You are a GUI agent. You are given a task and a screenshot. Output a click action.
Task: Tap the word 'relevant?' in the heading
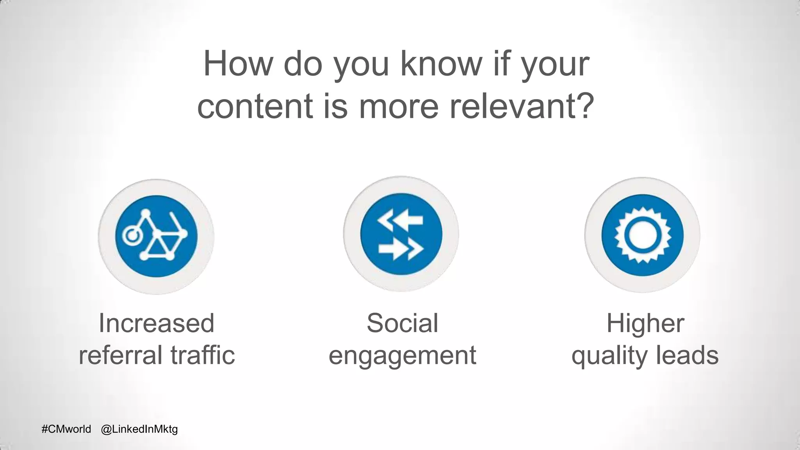point(522,106)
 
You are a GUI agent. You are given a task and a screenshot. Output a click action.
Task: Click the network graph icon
point(156,236)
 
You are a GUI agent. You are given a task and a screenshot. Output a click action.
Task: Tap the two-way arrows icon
point(401,234)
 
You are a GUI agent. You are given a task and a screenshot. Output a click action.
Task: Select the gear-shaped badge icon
point(642,235)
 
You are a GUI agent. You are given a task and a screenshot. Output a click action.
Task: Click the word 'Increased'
point(156,323)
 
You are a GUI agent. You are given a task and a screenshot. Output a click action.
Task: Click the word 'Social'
point(402,323)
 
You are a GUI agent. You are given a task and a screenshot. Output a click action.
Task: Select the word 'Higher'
point(645,323)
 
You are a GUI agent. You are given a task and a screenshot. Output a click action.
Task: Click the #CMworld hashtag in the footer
point(66,429)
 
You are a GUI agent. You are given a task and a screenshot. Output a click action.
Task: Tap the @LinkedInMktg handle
point(139,429)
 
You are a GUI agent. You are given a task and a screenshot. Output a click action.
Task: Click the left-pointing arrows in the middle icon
point(400,221)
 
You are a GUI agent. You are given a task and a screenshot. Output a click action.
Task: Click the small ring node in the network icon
point(131,236)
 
